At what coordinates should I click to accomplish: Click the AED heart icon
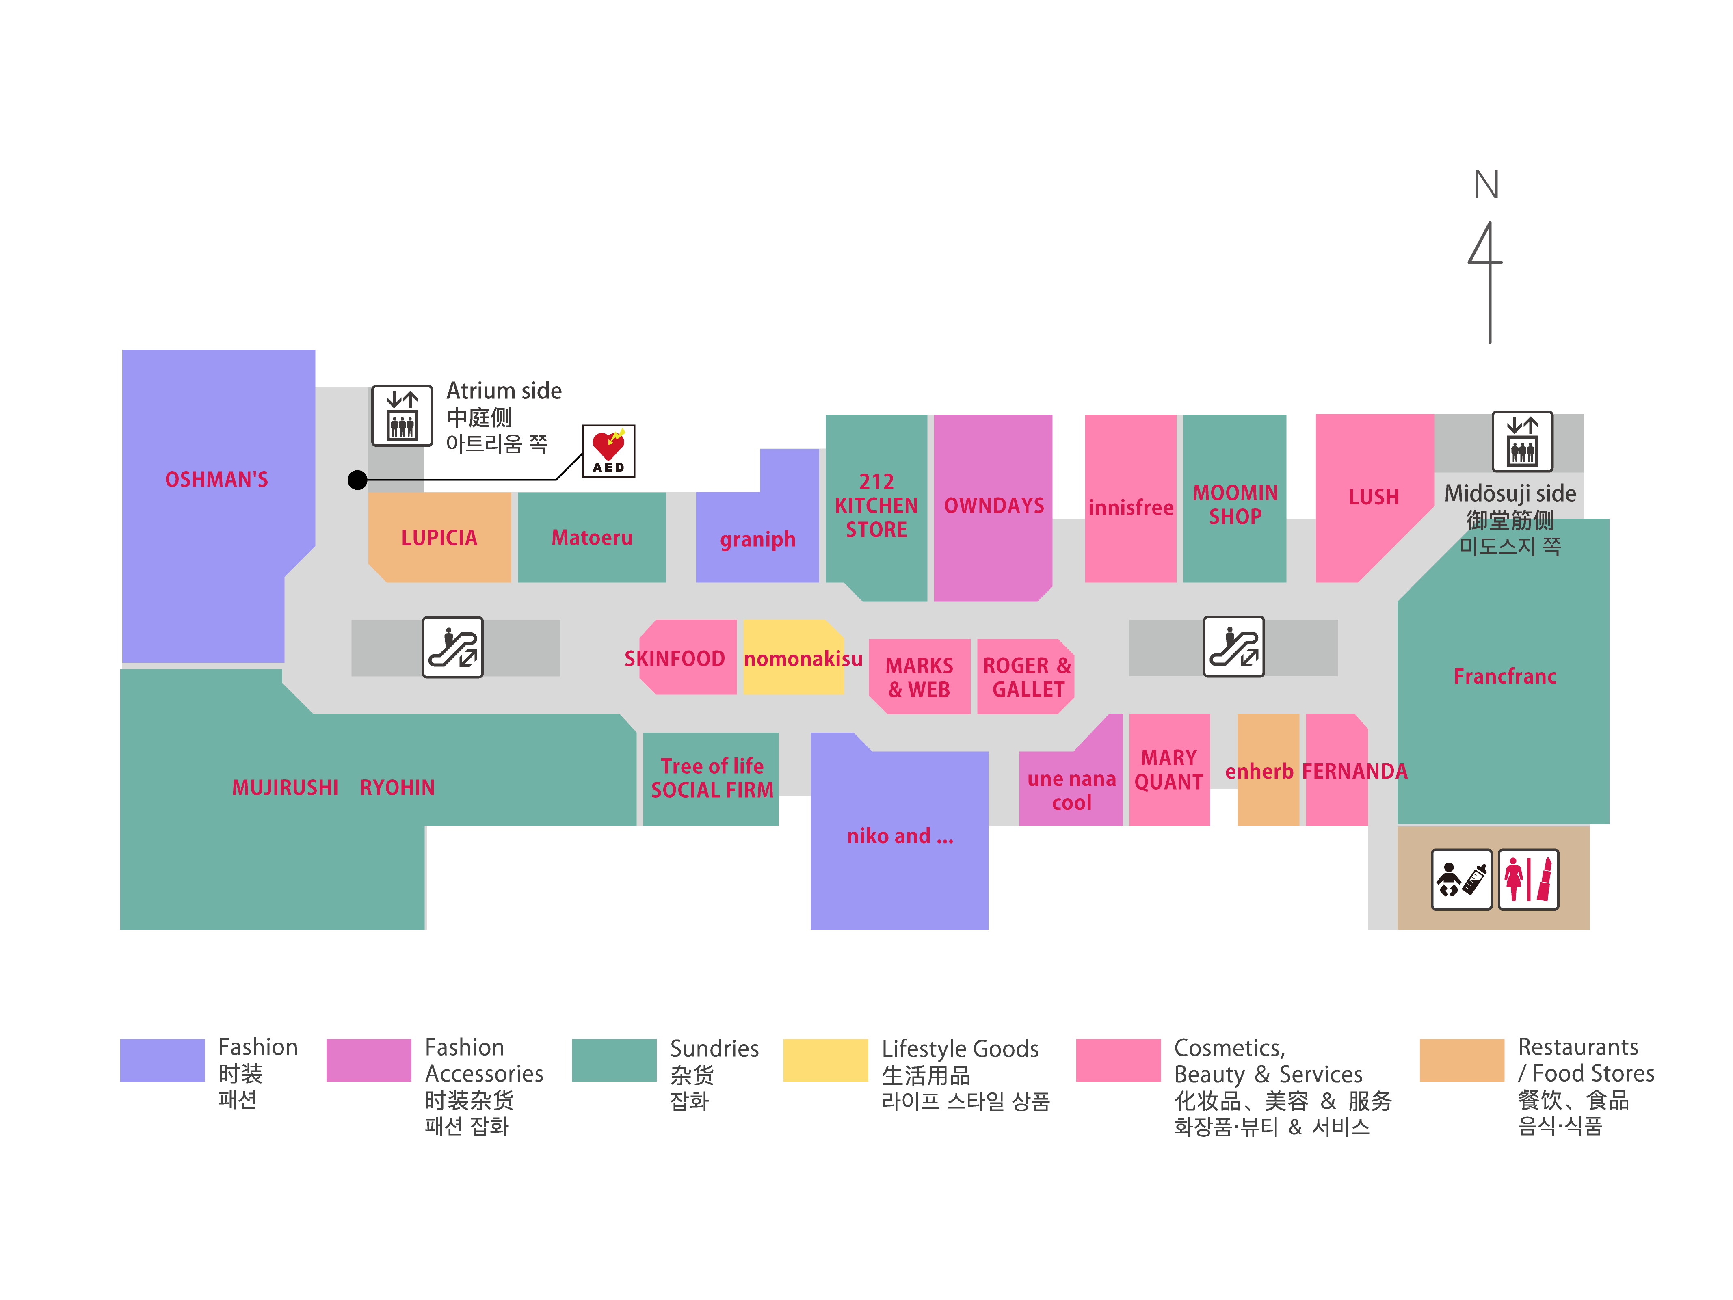pyautogui.click(x=608, y=450)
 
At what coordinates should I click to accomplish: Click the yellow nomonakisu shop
pyautogui.click(x=794, y=658)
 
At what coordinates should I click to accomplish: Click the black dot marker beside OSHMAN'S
pyautogui.click(x=357, y=480)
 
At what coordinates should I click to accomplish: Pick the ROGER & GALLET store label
pyautogui.click(x=1026, y=677)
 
